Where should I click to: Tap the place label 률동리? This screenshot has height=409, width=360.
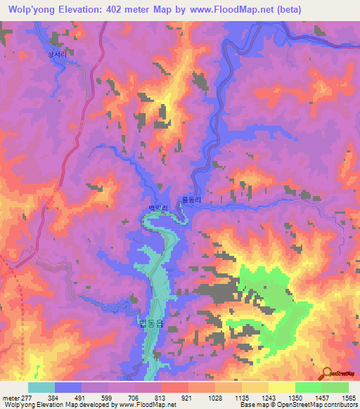click(192, 200)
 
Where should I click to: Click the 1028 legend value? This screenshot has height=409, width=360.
click(220, 397)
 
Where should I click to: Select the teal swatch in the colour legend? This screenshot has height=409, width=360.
click(41, 387)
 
